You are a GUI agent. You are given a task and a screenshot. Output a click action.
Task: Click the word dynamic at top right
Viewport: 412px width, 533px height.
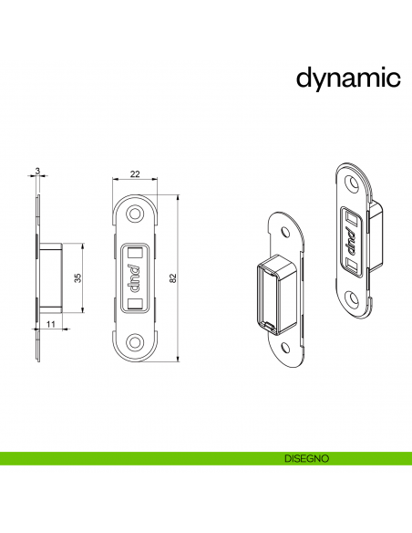[348, 78]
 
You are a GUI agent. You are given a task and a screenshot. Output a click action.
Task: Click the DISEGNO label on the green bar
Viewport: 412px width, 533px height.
[305, 458]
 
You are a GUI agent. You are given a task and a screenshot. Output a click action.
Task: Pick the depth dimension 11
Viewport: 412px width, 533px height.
[51, 324]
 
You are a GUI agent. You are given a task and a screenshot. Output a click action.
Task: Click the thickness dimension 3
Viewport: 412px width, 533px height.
[37, 171]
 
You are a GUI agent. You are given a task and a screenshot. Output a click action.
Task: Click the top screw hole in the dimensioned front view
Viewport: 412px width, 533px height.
[135, 213]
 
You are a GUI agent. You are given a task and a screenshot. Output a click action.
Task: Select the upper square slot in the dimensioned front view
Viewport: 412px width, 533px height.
[135, 251]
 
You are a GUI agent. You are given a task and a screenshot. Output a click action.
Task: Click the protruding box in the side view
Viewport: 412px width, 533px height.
[49, 276]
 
